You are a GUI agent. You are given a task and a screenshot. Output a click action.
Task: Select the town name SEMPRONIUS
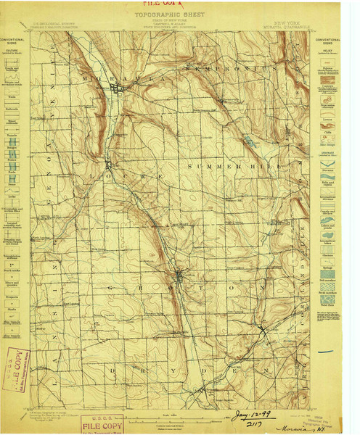(231, 67)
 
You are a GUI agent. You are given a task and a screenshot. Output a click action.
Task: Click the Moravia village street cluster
(118, 89)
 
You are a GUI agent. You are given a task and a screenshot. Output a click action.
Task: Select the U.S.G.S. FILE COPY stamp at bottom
(102, 423)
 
